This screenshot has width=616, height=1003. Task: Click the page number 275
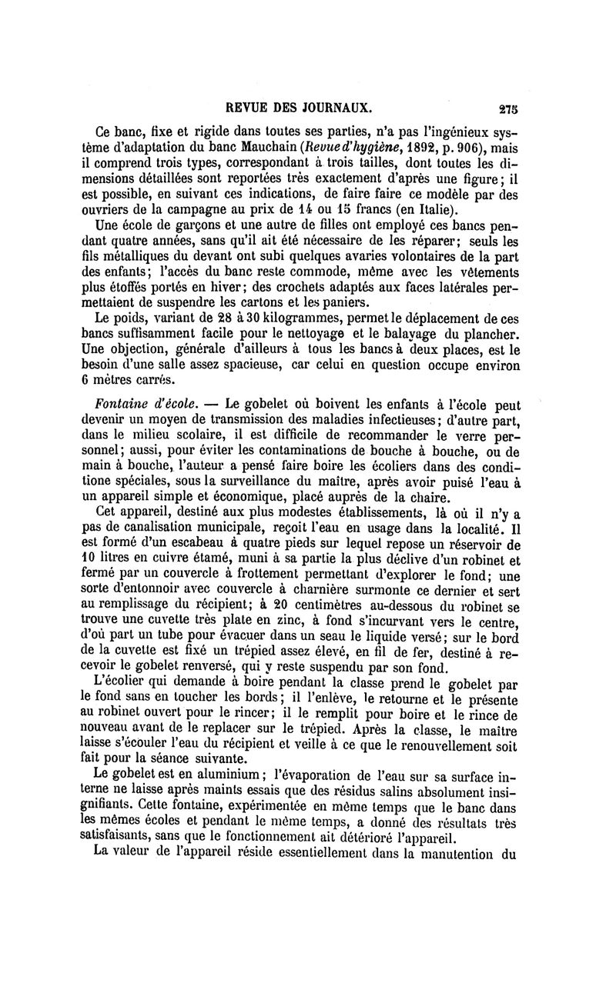pyautogui.click(x=506, y=108)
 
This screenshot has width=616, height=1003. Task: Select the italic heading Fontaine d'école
pyautogui.click(x=145, y=404)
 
